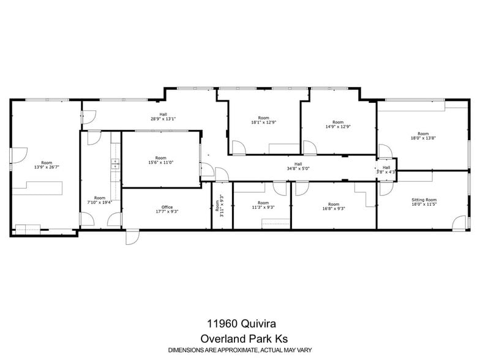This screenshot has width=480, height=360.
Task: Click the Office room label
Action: pyautogui.click(x=163, y=207)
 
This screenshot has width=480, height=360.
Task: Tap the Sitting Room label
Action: pyautogui.click(x=423, y=200)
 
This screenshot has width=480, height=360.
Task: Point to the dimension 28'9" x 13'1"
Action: pyautogui.click(x=163, y=119)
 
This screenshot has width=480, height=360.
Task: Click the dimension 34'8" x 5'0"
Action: pyautogui.click(x=298, y=168)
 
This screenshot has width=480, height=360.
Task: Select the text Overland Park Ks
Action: pyautogui.click(x=240, y=339)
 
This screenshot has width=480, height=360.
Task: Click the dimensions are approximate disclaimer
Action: pyautogui.click(x=240, y=350)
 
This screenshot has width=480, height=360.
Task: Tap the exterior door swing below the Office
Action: pyautogui.click(x=132, y=238)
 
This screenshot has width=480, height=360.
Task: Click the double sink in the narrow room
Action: pyautogui.click(x=114, y=164)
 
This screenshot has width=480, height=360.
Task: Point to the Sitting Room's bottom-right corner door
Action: pyautogui.click(x=459, y=223)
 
